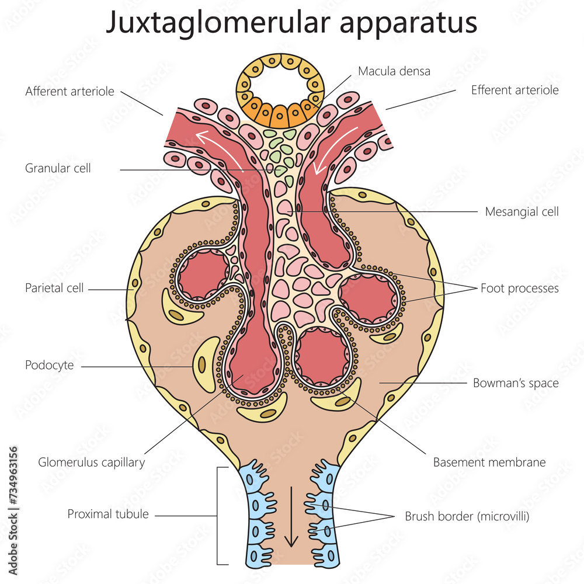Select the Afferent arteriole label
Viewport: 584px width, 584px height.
(70, 92)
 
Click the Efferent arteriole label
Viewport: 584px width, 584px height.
(515, 90)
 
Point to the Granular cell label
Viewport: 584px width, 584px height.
(58, 168)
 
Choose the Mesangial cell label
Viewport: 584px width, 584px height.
(522, 211)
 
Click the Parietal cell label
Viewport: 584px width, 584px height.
(54, 288)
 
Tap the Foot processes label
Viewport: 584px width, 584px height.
(519, 288)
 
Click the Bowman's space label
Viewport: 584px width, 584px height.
(515, 383)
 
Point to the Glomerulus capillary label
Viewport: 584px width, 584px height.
(91, 463)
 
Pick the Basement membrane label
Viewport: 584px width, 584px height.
(489, 463)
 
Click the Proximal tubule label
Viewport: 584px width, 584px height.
(108, 514)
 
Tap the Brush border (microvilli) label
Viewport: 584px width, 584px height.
(467, 516)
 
